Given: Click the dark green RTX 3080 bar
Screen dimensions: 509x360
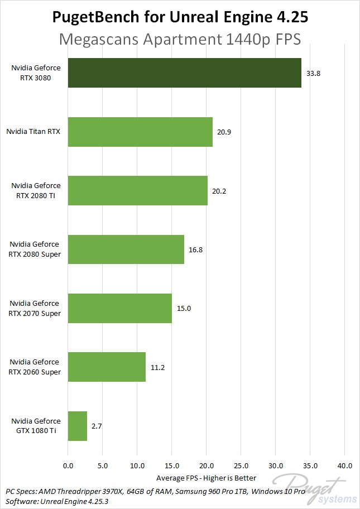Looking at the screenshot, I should (x=184, y=73).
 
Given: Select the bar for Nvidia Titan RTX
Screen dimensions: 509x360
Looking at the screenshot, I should (x=140, y=132).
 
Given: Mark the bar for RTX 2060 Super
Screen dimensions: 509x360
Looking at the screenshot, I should (x=107, y=367).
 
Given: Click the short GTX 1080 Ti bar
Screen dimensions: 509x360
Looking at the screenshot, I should (x=78, y=426).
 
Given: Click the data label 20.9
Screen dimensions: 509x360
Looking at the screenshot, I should (x=224, y=132).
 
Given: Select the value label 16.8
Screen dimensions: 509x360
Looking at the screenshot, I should (x=195, y=249).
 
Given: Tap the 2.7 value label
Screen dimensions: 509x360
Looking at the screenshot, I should (x=97, y=426).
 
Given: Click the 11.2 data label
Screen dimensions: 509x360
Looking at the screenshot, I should (x=157, y=367).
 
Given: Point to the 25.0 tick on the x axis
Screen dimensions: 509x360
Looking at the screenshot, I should (x=241, y=465).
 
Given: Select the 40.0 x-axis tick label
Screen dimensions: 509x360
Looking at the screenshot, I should (x=344, y=465).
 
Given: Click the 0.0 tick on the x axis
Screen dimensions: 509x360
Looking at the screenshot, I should (x=68, y=465).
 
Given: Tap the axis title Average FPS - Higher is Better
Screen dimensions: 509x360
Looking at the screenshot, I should (x=206, y=478).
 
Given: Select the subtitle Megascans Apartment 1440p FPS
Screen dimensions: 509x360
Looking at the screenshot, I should (x=180, y=40).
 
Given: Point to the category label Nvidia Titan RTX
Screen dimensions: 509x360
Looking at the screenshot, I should (x=33, y=132).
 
